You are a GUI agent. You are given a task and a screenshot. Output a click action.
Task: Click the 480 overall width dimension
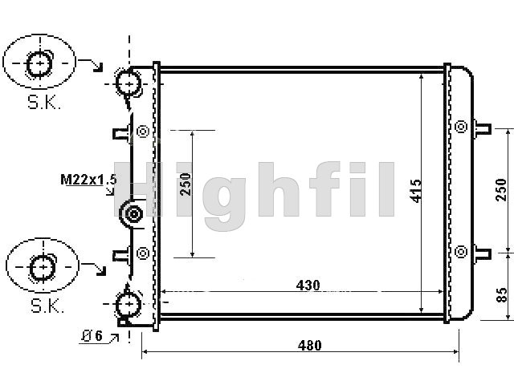tap(309, 345)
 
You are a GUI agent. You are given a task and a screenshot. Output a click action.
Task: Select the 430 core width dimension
tap(308, 286)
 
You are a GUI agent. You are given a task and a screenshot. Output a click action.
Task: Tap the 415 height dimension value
tap(416, 191)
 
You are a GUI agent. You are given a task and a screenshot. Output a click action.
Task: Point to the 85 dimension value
tap(501, 295)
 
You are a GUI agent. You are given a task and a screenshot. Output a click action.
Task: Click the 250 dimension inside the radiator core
tap(186, 184)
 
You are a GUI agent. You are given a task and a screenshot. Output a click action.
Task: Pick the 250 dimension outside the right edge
tap(501, 190)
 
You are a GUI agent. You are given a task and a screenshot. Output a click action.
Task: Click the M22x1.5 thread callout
tap(88, 180)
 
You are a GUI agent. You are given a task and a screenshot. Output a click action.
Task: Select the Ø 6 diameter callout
tap(92, 335)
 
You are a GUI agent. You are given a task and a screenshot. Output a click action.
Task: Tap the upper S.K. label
tap(44, 103)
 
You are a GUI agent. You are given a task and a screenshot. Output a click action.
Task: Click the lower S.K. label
tap(47, 306)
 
